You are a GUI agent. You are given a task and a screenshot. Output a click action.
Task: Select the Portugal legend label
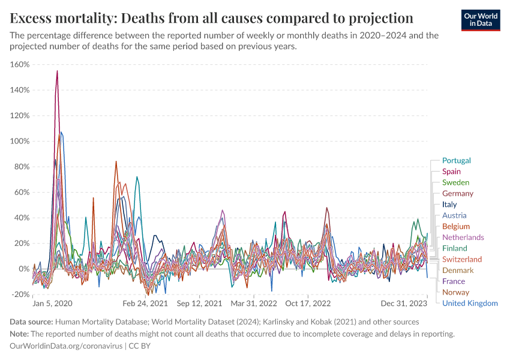[456, 160]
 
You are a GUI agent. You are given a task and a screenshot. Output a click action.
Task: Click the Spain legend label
[451, 172]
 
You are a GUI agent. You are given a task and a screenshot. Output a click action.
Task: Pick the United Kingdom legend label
[469, 303]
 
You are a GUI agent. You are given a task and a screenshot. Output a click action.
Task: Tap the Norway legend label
[455, 292]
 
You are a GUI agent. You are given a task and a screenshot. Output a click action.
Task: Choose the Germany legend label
[457, 193]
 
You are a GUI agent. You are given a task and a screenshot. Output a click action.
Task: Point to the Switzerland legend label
[461, 259]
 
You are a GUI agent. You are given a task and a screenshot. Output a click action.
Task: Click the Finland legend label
[454, 248]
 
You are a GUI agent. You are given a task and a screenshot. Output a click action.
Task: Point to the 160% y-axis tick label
[20, 64]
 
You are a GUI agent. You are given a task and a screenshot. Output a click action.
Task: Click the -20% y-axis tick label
[21, 294]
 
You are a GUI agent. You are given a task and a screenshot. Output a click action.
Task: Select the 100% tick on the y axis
[20, 141]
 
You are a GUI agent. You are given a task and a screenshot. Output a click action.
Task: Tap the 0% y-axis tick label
[23, 269]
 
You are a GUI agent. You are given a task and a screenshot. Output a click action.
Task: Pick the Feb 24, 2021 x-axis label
[147, 304]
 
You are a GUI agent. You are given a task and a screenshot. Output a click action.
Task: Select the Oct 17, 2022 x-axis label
[308, 304]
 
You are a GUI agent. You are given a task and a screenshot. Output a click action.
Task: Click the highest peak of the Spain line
[57, 71]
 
